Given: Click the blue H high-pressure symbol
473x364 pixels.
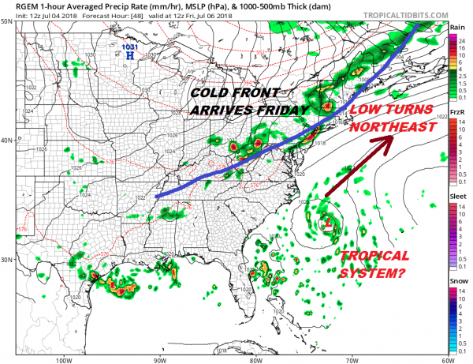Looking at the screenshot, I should (129, 57).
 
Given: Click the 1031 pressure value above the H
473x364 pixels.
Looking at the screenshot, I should (130, 47).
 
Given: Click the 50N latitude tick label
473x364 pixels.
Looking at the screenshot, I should (7, 22).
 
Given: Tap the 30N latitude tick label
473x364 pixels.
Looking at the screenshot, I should (7, 260).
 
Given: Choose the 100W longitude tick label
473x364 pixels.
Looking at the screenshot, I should (65, 358).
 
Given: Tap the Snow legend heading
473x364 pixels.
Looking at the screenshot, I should (457, 280).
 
